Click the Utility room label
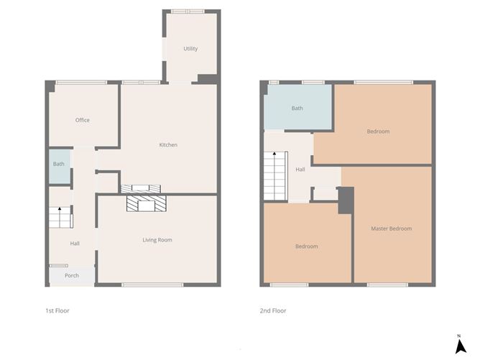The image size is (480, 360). pyautogui.click(x=190, y=49)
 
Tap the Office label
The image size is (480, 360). pyautogui.click(x=83, y=120)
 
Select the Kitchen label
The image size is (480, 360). pyautogui.click(x=168, y=145)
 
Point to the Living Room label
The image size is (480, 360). pyautogui.click(x=157, y=240)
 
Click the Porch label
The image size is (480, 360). pyautogui.click(x=72, y=276)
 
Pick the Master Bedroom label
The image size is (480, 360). pyautogui.click(x=392, y=229)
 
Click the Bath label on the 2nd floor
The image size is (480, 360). pyautogui.click(x=297, y=109)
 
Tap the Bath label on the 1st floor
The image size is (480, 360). pyautogui.click(x=59, y=164)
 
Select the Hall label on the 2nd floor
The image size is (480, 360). pyautogui.click(x=300, y=170)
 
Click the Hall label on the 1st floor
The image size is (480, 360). pyautogui.click(x=75, y=244)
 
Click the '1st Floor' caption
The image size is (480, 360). pyautogui.click(x=57, y=311)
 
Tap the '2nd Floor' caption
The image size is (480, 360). pyautogui.click(x=273, y=311)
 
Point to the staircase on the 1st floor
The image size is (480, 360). pyautogui.click(x=60, y=218)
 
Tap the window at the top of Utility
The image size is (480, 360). pyautogui.click(x=187, y=11)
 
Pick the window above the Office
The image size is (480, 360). pyautogui.click(x=78, y=82)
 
